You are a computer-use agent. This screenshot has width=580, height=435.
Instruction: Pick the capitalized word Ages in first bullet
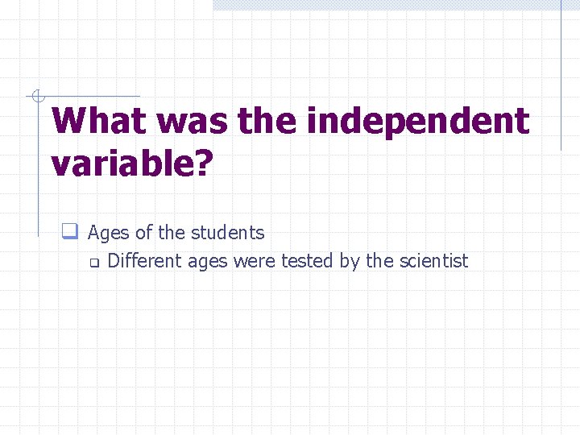click(x=109, y=234)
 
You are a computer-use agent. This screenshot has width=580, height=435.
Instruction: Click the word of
click(x=144, y=233)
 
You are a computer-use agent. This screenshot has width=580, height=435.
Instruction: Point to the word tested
click(x=305, y=261)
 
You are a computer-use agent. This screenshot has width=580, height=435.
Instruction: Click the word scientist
click(x=433, y=261)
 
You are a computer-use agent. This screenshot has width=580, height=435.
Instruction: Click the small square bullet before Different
click(x=93, y=262)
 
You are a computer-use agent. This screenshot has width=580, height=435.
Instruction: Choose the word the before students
click(x=171, y=233)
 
